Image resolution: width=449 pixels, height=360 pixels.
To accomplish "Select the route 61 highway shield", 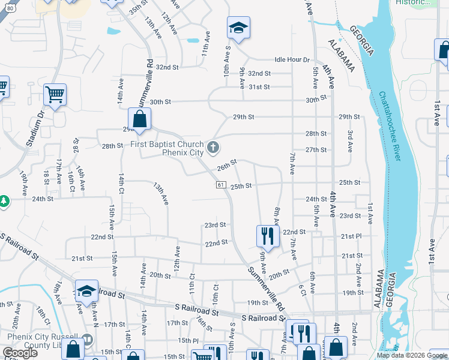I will [221, 185].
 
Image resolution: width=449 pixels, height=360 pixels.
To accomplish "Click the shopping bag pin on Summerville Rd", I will [139, 119].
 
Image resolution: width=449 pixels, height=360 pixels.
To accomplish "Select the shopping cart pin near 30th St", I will [55, 94].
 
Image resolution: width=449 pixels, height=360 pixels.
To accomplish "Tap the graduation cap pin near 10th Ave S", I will [238, 28].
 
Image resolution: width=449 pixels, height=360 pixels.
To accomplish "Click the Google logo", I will [20, 353].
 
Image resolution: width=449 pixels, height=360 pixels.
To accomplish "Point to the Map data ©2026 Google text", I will [412, 355].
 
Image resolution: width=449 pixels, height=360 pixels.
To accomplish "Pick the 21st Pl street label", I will [351, 236].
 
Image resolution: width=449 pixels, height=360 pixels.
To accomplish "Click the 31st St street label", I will [259, 87].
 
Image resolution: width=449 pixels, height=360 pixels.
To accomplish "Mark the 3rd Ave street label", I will [350, 143].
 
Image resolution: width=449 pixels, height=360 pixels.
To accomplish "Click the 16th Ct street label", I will [71, 178].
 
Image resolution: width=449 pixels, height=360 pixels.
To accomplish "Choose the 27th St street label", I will [316, 150].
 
